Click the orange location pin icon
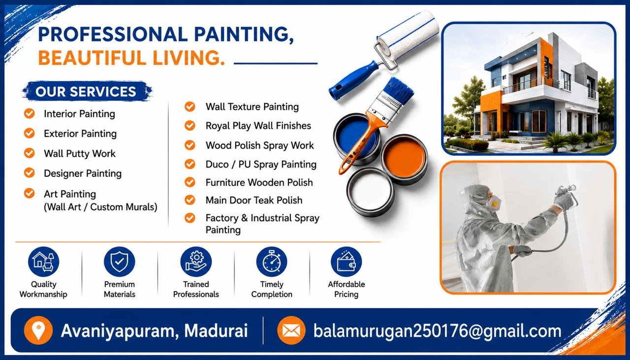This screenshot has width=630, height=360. [38, 330]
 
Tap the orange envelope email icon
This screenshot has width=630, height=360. [291, 330]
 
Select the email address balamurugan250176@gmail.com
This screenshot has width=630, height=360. [437, 331]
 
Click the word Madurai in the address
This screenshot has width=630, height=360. [216, 330]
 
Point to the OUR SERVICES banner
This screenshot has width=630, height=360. [87, 91]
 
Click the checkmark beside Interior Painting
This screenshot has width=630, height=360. [29, 114]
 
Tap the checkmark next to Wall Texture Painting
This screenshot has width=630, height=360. [190, 107]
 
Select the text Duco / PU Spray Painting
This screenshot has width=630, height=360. [261, 164]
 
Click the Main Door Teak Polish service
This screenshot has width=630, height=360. [254, 200]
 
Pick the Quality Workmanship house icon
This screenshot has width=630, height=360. [44, 262]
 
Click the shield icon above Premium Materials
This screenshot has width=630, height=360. [119, 262]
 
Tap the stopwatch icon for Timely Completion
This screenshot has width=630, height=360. [272, 262]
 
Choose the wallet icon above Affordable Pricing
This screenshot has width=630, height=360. [346, 262]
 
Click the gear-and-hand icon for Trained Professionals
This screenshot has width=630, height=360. [196, 262]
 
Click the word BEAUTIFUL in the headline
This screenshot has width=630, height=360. [93, 58]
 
